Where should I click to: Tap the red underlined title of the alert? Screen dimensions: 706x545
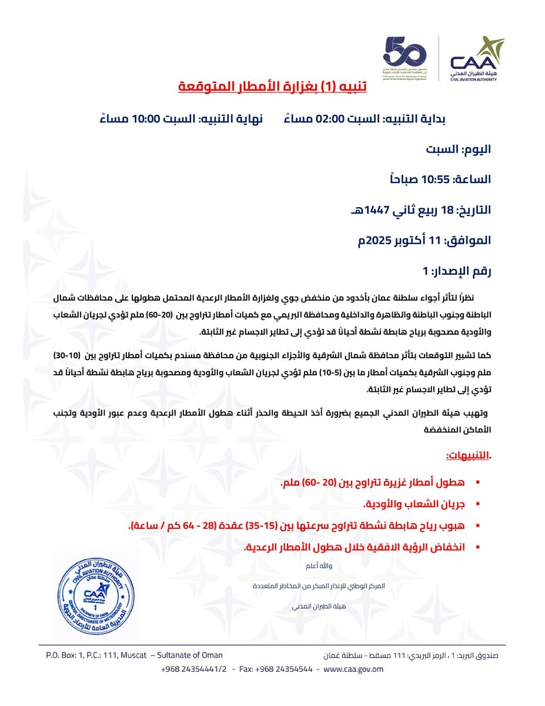pos(272,86)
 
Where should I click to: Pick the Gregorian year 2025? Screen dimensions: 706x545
pos(380,241)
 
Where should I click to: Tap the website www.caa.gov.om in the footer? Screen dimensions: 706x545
pos(353,669)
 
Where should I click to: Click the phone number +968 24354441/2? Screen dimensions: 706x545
pos(193,669)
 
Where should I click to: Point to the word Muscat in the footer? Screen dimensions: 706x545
pos(134,655)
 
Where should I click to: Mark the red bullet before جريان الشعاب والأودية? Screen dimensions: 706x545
pos(477,504)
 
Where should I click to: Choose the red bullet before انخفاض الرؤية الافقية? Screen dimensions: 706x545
pos(477,547)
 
